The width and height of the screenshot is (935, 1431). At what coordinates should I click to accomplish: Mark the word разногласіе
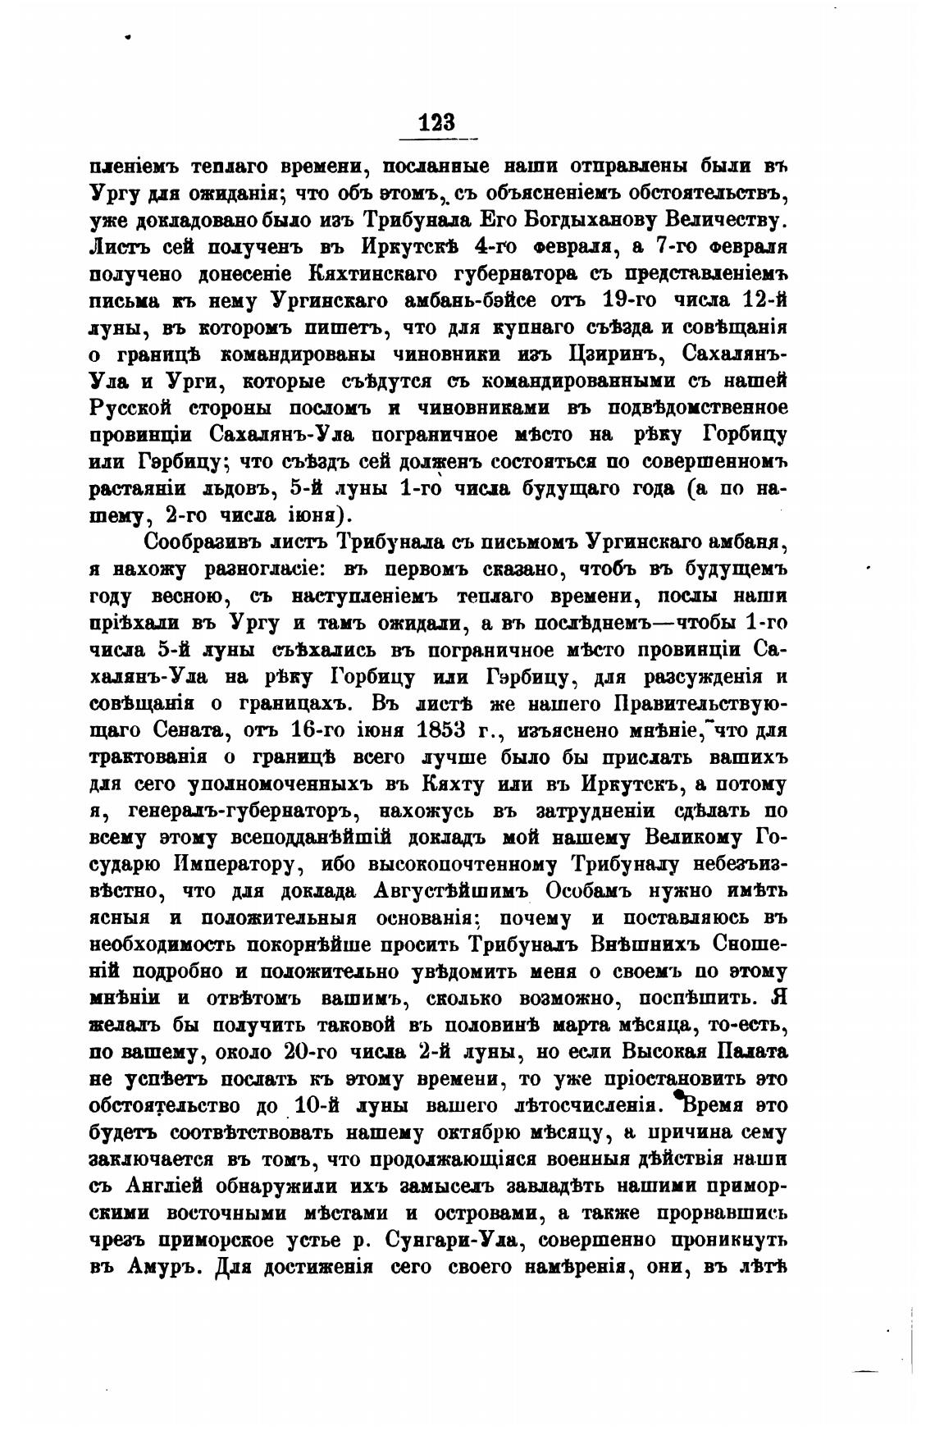[255, 569]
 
